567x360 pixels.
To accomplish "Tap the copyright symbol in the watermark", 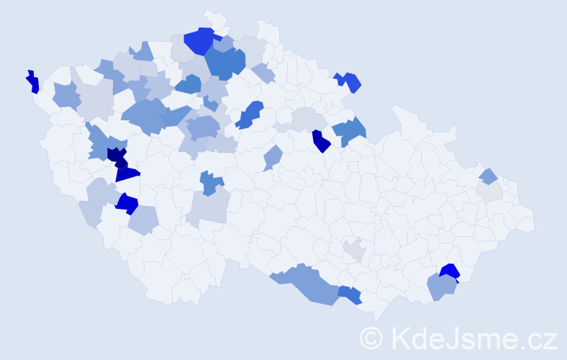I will point(372,338).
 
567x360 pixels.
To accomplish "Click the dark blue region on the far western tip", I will point(32,82).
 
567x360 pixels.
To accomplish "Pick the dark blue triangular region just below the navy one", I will point(127,174).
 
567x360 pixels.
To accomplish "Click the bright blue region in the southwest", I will point(127,204).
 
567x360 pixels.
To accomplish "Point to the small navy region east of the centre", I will point(321,141).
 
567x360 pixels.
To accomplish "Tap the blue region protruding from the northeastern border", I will point(350,81).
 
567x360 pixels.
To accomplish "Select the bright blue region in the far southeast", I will point(450,271).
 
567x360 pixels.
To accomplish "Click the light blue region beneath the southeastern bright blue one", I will point(441,287).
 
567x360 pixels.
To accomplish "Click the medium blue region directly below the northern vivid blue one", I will point(225,63).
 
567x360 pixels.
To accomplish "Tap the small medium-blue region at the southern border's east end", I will point(350,294).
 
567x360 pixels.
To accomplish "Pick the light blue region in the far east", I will point(489,175).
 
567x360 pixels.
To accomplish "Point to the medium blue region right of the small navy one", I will point(350,130).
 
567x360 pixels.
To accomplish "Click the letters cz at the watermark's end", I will point(541,338).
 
